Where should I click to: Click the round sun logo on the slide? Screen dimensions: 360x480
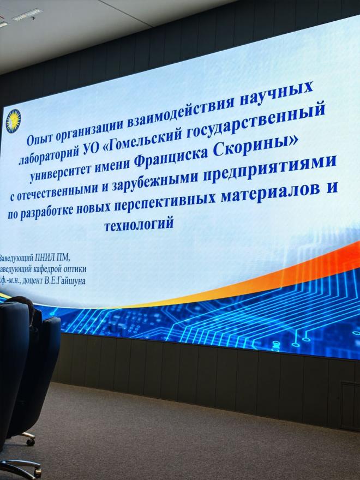tap(13, 121)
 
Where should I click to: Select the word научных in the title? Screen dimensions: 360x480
tap(276, 94)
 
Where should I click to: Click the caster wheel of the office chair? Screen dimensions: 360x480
tap(31, 441)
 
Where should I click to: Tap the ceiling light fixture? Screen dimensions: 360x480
tap(27, 14)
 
